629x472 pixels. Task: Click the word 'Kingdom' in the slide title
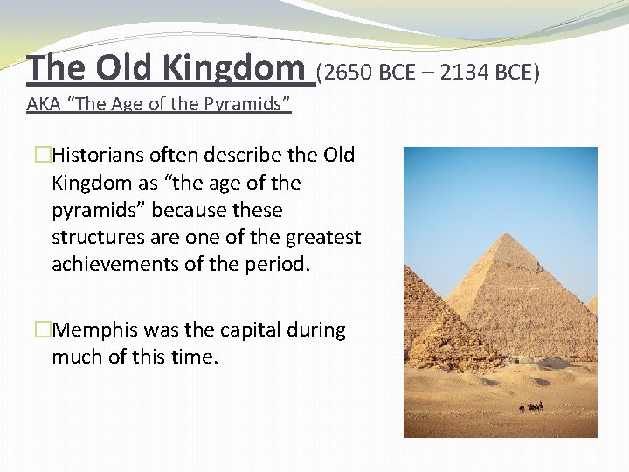pos(249,66)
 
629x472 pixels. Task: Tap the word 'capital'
pos(239,330)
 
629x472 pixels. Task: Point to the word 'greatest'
pos(326,237)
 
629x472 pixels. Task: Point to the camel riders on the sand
pos(530,406)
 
